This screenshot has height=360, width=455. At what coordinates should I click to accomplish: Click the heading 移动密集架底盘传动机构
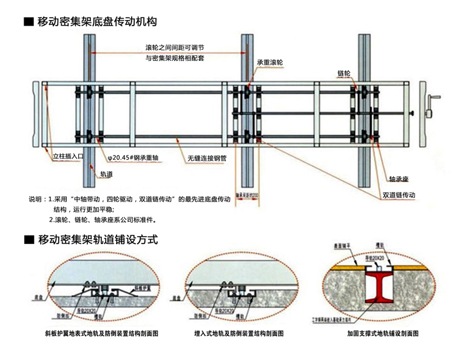[98, 22]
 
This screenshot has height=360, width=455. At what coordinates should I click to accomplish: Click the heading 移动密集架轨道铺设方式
[98, 240]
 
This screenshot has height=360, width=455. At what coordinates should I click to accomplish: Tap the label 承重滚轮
[270, 63]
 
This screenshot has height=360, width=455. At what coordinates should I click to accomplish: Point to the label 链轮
[344, 73]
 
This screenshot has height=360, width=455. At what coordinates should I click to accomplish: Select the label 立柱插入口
[66, 157]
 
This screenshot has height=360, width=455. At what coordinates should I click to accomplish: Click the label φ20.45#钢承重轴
[133, 158]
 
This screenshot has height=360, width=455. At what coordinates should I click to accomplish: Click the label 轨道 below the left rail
[106, 174]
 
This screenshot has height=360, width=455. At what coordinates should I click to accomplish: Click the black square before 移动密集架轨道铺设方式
[28, 240]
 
